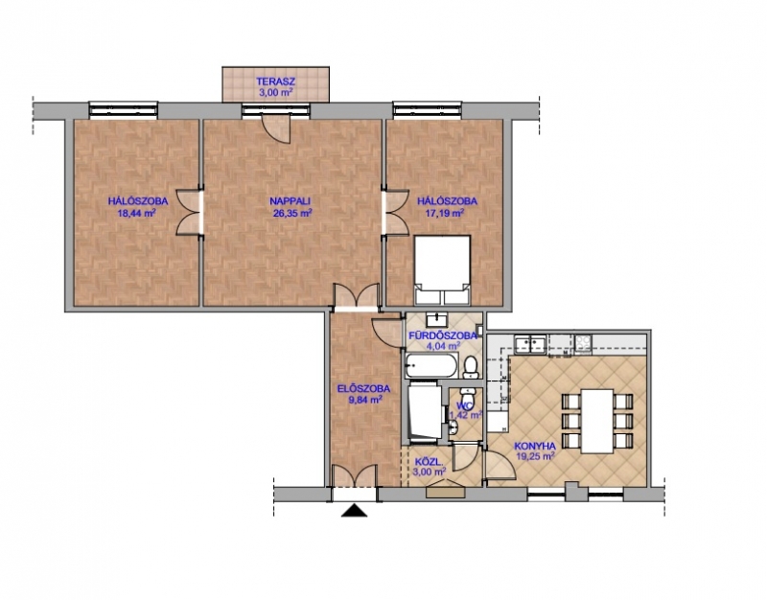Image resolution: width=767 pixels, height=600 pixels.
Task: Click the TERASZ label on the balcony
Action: (x=275, y=81)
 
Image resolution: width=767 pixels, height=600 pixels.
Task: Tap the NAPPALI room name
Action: (x=291, y=200)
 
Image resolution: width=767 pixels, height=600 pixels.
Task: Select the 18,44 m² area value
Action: (x=136, y=212)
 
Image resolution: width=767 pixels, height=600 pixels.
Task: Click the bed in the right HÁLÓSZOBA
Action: (x=442, y=270)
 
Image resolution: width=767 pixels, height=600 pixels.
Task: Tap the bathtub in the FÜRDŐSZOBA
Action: (x=430, y=366)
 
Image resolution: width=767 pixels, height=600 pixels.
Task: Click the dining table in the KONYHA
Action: (x=597, y=421)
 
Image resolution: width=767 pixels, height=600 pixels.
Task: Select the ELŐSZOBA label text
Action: (x=364, y=389)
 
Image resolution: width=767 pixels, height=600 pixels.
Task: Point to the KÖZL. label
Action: (x=429, y=462)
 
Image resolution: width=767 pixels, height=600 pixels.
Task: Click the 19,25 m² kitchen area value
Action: (x=535, y=455)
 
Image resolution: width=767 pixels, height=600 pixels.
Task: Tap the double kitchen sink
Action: (x=530, y=343)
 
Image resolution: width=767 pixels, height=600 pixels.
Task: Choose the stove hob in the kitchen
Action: (x=583, y=343)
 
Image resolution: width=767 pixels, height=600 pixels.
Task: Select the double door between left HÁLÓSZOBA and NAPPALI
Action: (x=190, y=213)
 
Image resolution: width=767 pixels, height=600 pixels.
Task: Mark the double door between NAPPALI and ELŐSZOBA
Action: (x=356, y=296)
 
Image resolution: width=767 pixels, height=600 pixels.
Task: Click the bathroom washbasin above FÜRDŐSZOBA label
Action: (x=436, y=320)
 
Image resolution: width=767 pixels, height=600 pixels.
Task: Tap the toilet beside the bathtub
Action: (x=471, y=367)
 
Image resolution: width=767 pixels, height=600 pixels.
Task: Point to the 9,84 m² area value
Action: (x=365, y=400)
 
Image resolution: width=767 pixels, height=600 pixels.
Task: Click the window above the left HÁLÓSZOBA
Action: (x=124, y=109)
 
